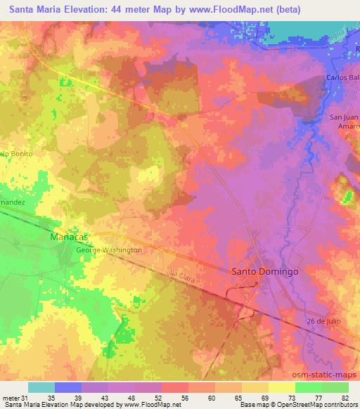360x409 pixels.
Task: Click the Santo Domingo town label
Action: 264,271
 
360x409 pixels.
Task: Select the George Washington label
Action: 109,249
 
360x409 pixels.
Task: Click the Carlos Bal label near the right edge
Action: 342,77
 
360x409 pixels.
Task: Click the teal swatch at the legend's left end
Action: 41,387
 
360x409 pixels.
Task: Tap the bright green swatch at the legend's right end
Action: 335,387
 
